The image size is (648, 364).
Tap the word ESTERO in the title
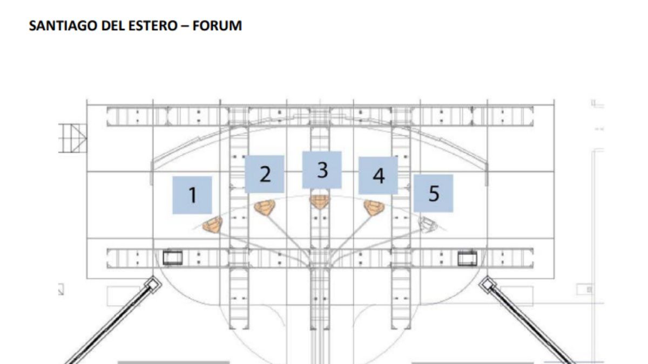(153, 26)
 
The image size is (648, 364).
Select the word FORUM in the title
(217, 26)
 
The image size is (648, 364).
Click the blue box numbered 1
(192, 195)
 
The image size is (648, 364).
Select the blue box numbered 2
(265, 174)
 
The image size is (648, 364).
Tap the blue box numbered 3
(322, 170)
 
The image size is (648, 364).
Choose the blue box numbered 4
(379, 175)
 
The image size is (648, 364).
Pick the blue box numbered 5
(433, 193)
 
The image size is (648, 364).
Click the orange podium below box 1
(213, 225)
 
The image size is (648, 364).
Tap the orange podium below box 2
(265, 208)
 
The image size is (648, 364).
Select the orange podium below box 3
(319, 202)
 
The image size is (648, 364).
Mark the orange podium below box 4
(374, 208)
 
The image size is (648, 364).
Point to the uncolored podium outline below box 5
(428, 224)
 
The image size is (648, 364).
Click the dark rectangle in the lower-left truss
(173, 258)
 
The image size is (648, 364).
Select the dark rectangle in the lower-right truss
(468, 258)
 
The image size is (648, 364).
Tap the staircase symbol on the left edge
(72, 139)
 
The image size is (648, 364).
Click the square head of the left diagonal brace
(153, 284)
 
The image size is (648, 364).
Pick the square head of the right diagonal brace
(487, 285)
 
